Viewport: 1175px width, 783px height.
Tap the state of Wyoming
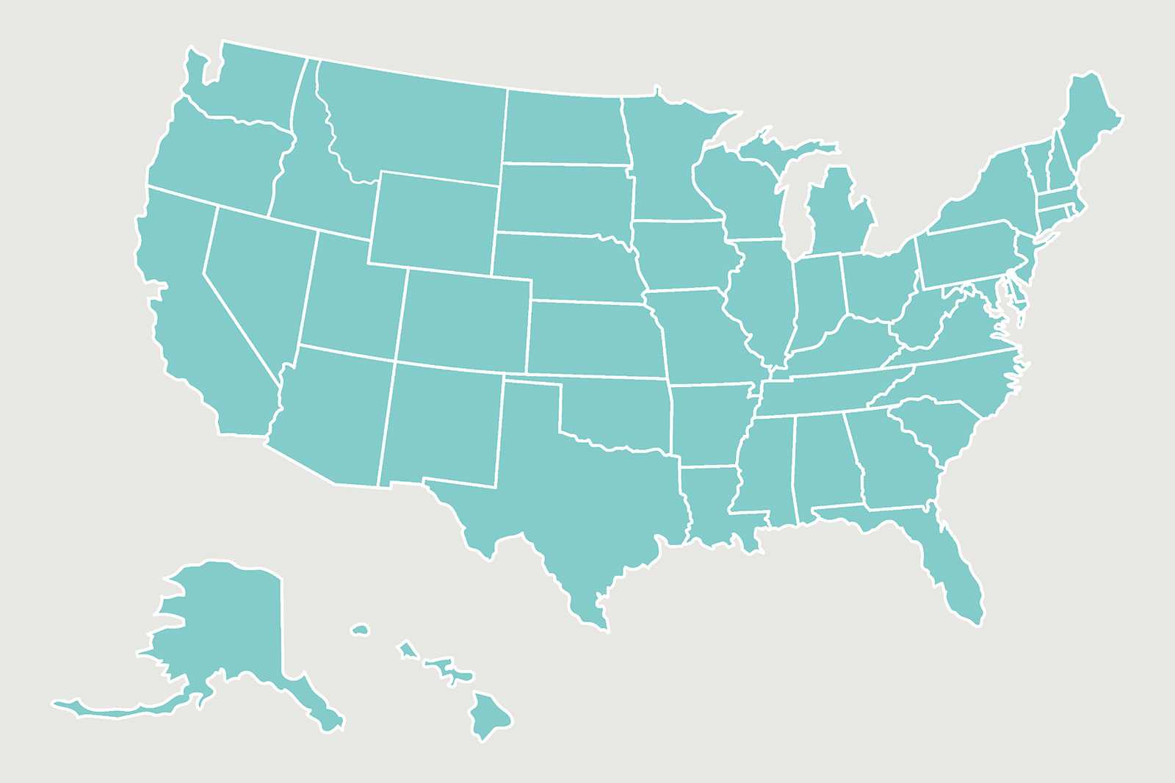(433, 220)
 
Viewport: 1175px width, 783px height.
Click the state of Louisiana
(709, 507)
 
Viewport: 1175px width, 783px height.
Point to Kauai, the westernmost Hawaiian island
(360, 629)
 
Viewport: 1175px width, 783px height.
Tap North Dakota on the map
(565, 129)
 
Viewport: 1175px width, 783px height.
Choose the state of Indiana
(819, 301)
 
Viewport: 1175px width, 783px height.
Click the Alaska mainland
(228, 624)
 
